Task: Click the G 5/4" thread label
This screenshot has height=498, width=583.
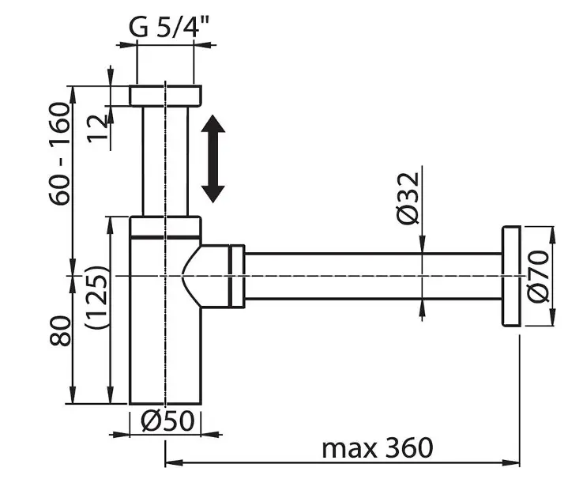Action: [x=169, y=27]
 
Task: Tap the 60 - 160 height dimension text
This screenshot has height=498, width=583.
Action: [x=60, y=153]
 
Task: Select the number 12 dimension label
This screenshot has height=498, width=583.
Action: [x=97, y=129]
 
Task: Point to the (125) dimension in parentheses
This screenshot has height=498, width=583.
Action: [x=96, y=296]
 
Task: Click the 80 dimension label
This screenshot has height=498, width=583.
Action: [x=60, y=331]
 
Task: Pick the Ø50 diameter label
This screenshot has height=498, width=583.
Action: [x=167, y=421]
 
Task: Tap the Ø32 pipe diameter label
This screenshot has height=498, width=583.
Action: [x=408, y=198]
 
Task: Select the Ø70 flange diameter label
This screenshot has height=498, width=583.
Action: [x=539, y=277]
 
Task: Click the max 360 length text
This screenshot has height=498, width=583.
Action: [x=378, y=447]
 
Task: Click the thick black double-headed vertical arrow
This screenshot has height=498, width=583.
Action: [x=213, y=159]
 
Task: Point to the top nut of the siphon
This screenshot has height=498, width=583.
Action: [x=165, y=96]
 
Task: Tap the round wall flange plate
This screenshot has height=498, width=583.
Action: [x=512, y=276]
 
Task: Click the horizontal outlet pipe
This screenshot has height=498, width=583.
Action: [x=373, y=276]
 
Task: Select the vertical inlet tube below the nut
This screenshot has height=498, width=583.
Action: [x=165, y=161]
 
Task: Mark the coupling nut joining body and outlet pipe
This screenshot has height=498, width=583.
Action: [x=237, y=277]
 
